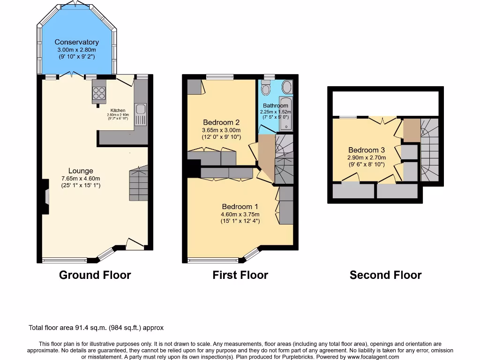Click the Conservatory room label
pos(76,42)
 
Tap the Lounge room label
pos(81,171)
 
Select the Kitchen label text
pos(118,111)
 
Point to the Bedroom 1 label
pos(240,207)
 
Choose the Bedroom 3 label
pos(366,150)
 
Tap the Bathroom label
pos(275,106)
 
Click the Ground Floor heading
pos(95,275)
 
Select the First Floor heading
pos(240,275)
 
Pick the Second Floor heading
pos(385,275)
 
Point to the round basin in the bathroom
pos(287,87)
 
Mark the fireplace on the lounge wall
pos(45,197)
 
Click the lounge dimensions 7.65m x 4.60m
pos(81,179)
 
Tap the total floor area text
pos(96,328)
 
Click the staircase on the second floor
pos(429,150)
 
